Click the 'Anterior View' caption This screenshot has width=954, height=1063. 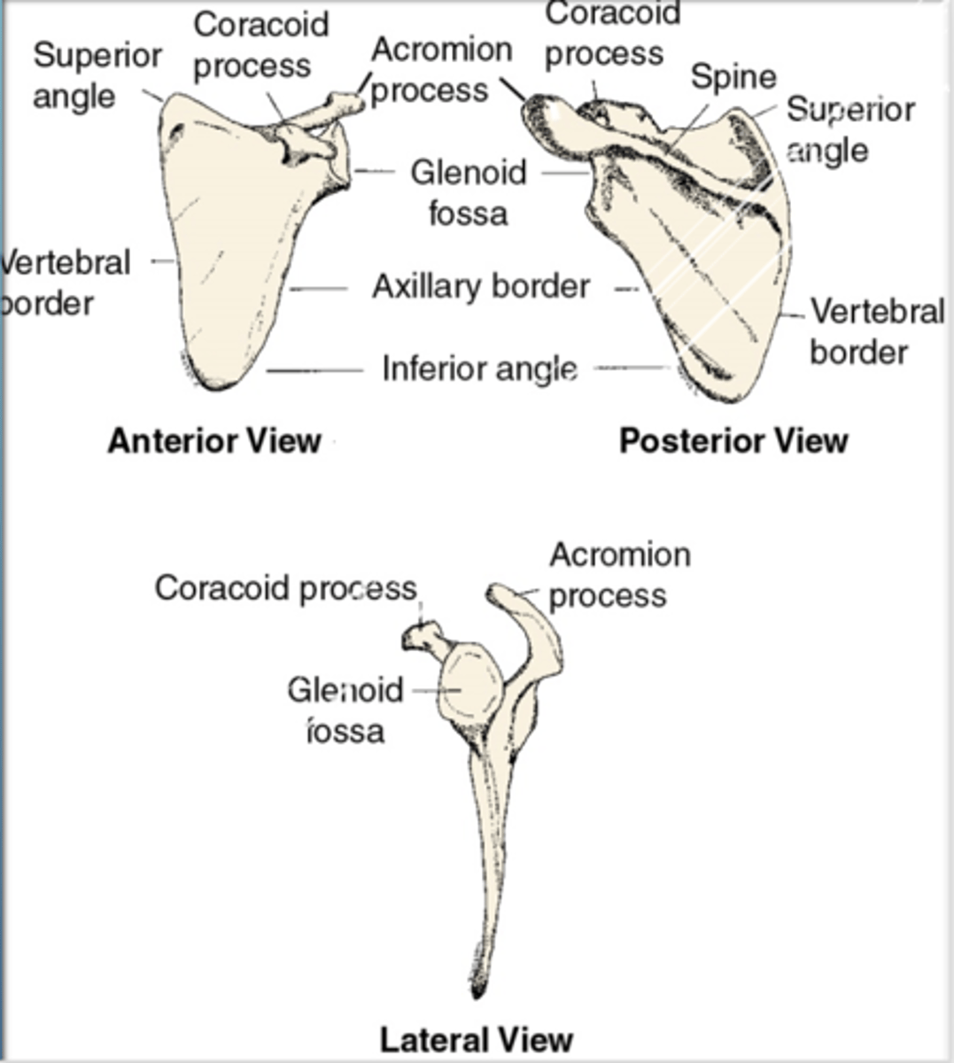coord(213,440)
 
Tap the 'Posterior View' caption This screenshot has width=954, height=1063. coord(733,440)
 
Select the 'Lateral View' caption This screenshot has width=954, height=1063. coord(477,1038)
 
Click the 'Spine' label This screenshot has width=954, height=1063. coord(733,78)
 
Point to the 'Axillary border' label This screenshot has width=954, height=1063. coord(481,286)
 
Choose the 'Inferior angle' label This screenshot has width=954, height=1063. coord(480,368)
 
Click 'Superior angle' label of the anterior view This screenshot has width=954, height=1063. coord(97,75)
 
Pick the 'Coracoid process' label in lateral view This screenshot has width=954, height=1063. coord(285,588)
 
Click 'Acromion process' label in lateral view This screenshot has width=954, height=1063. coord(618,574)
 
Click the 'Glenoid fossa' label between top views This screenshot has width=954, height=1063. coord(469,192)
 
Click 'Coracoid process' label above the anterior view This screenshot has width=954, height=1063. coord(260,45)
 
